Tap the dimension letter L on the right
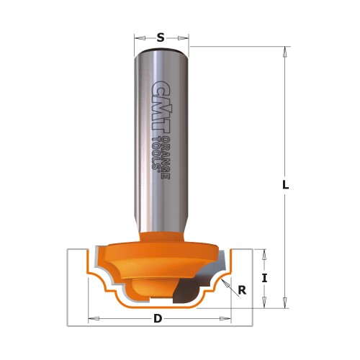point(285,184)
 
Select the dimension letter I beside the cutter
point(264,278)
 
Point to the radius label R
point(242,291)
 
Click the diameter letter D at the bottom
point(158,318)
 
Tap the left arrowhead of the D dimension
point(91,318)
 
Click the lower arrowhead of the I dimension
point(264,302)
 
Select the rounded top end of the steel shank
point(161,50)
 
